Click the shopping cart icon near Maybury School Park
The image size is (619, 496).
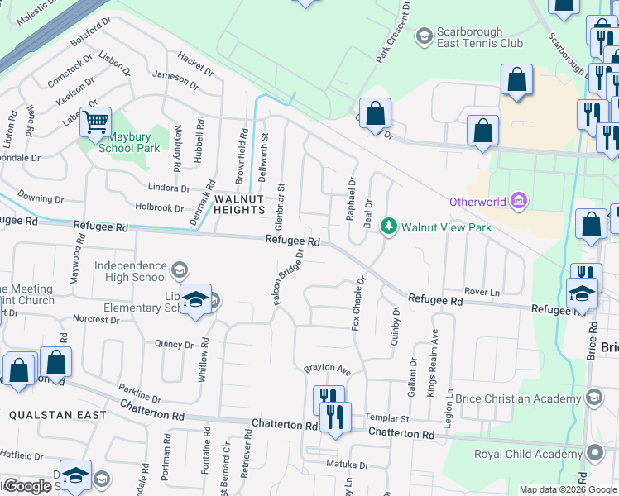pyautogui.click(x=96, y=123)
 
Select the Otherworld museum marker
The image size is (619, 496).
pyautogui.click(x=519, y=201)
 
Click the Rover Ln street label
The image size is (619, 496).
pyautogui.click(x=484, y=292)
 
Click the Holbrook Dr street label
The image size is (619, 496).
pyautogui.click(x=159, y=207)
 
